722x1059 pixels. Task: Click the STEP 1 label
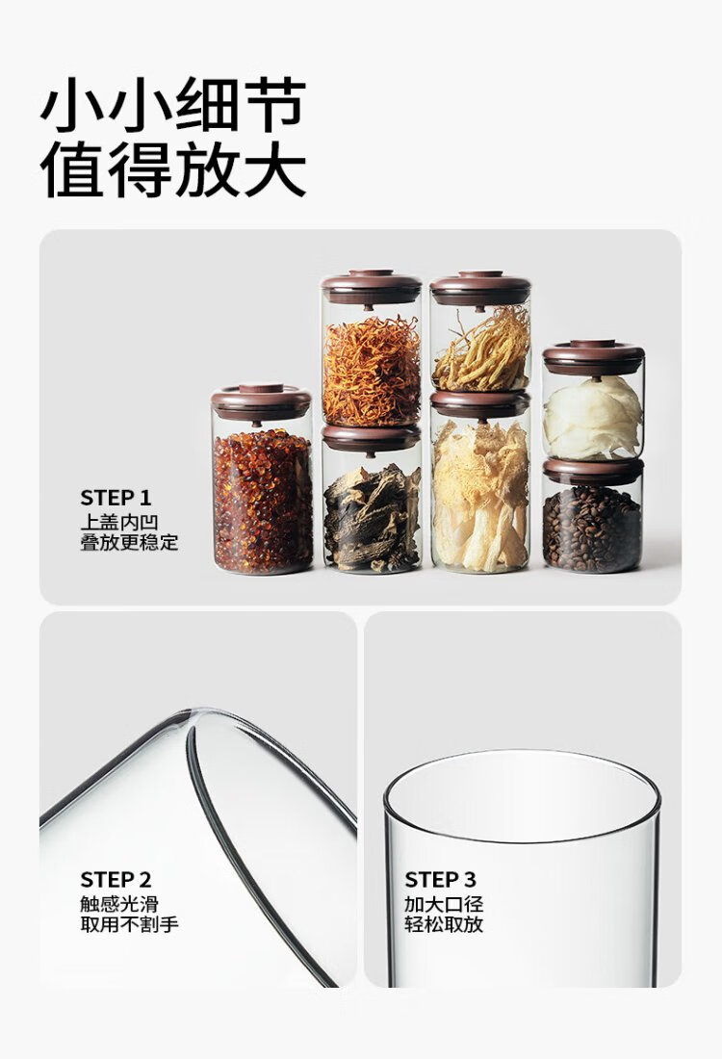116,498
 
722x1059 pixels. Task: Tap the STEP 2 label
116,879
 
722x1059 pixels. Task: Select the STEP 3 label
440,879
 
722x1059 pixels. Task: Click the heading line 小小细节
173,105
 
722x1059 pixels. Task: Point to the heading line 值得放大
173,168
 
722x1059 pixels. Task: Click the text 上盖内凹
119,522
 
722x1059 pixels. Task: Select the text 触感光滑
119,904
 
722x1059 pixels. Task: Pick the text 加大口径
445,904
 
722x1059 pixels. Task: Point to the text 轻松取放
445,924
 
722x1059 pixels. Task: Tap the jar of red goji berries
262,479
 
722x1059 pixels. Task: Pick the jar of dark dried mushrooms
372,499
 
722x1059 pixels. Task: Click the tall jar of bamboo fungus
480,482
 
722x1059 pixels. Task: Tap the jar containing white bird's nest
593,401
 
